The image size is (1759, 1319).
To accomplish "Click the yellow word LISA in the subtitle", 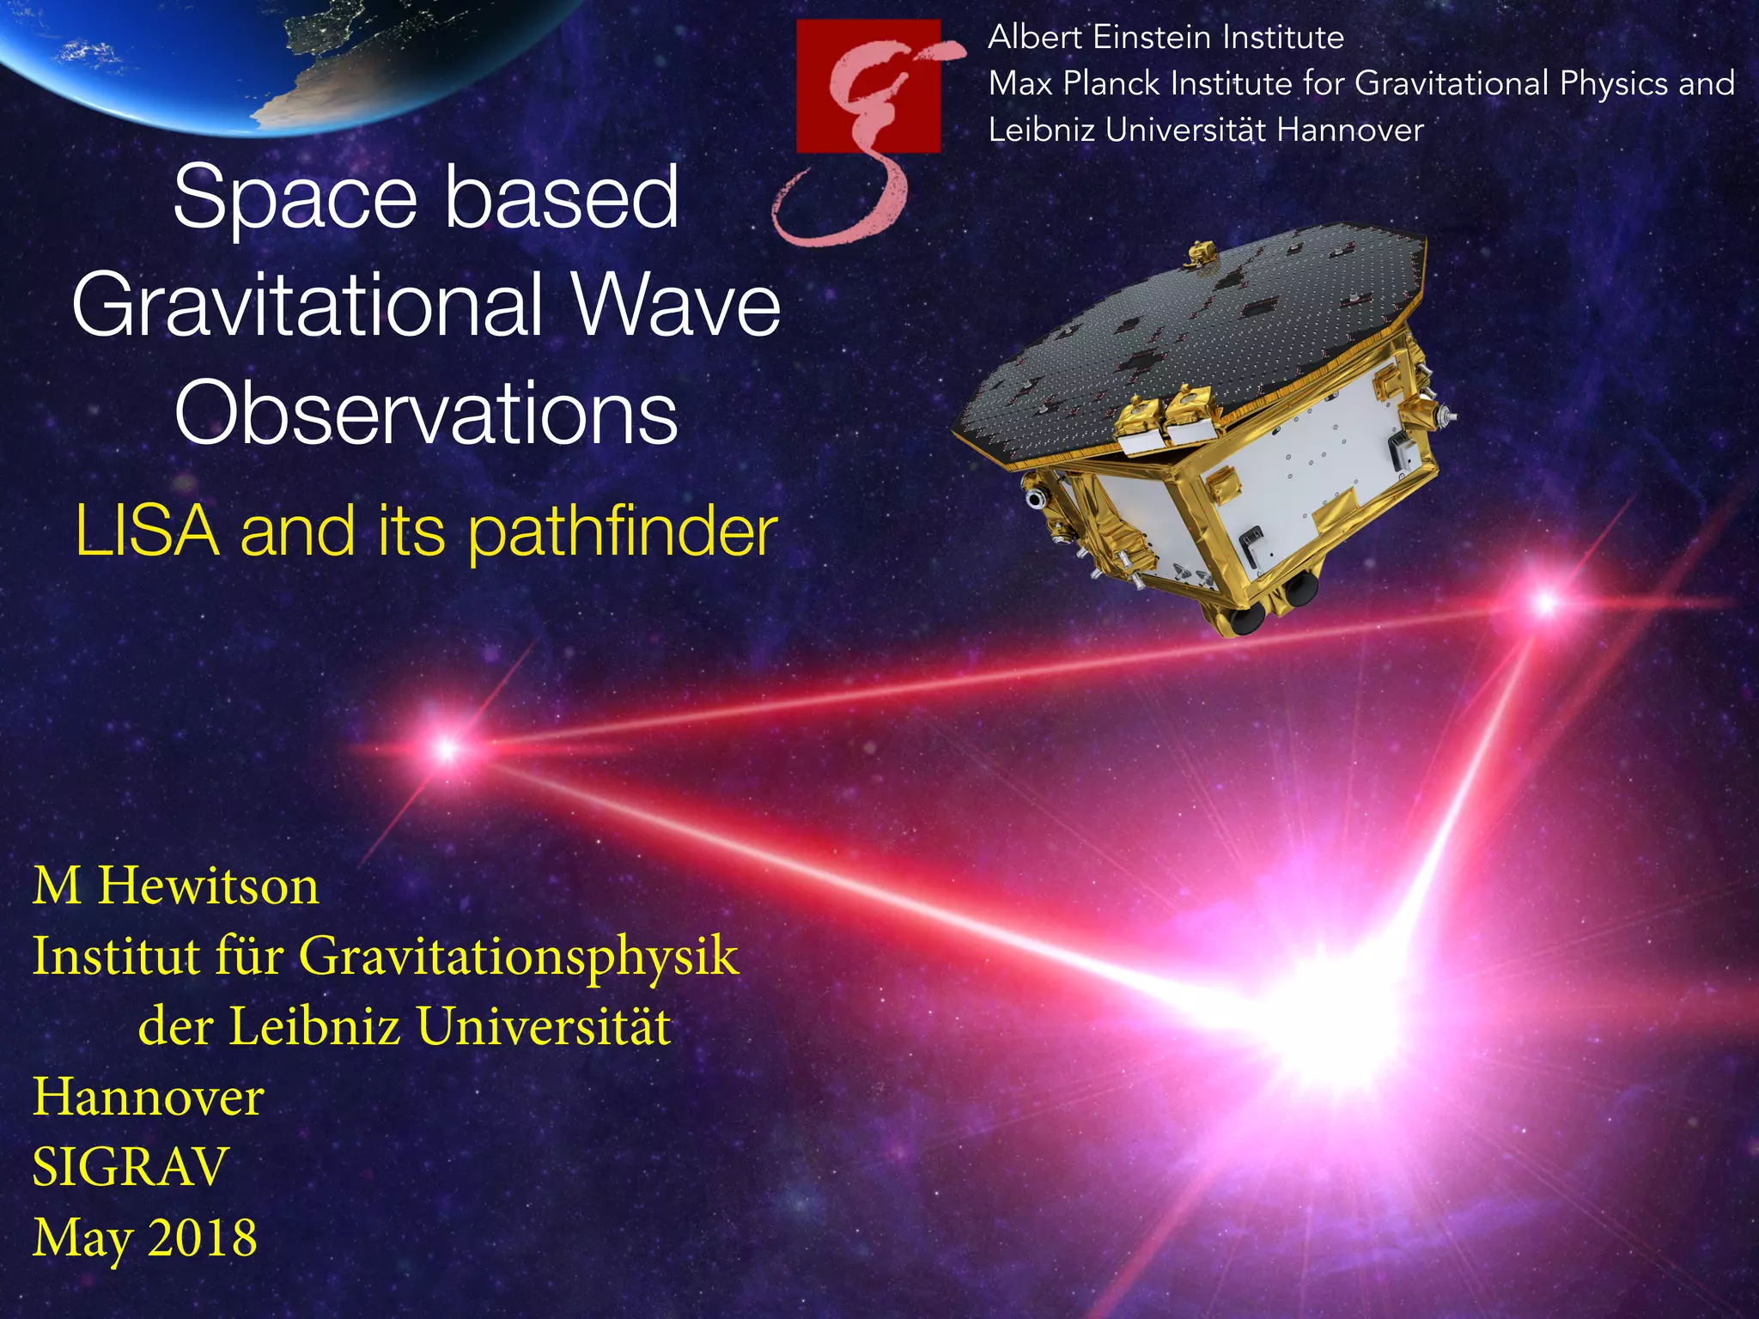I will click(x=147, y=532).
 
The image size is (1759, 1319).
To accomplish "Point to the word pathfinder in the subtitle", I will click(x=623, y=533).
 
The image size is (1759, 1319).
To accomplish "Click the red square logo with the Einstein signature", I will click(x=867, y=86).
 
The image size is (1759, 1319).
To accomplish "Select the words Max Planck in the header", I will click(x=1074, y=84).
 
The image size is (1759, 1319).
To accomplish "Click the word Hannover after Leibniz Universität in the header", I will click(x=1349, y=131).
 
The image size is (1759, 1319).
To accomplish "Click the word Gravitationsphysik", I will click(x=518, y=956).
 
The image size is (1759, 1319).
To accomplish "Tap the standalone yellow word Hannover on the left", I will click(x=148, y=1097).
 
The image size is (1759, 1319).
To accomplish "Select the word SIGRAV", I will click(x=130, y=1167).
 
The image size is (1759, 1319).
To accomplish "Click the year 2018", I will click(x=202, y=1237).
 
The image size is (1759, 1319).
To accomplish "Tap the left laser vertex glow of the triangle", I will click(x=446, y=749).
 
